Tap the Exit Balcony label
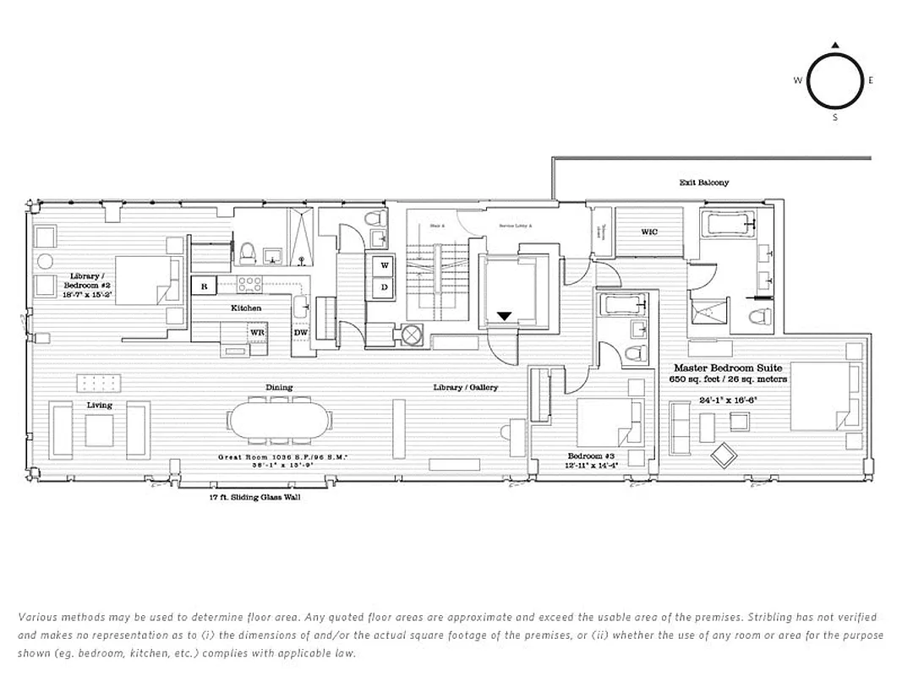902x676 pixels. coord(703,183)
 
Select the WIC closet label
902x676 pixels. coord(648,232)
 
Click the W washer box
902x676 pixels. coord(385,265)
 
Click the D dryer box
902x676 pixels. coord(385,288)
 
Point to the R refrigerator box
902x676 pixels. coord(203,286)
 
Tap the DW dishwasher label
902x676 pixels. coord(300,332)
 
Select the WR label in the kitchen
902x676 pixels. coord(257,332)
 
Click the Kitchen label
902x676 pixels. coord(246,308)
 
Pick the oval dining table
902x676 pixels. coord(279,420)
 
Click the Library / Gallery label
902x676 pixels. coord(466,387)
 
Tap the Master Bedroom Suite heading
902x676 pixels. coord(728,368)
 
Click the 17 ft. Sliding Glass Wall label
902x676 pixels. coord(254,498)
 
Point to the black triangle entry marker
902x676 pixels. coord(504,317)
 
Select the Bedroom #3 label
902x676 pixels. coord(590,455)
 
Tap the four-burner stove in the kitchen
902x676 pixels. coord(249,284)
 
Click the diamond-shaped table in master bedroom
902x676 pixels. coord(724,455)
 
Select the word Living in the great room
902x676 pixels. coord(99,406)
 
